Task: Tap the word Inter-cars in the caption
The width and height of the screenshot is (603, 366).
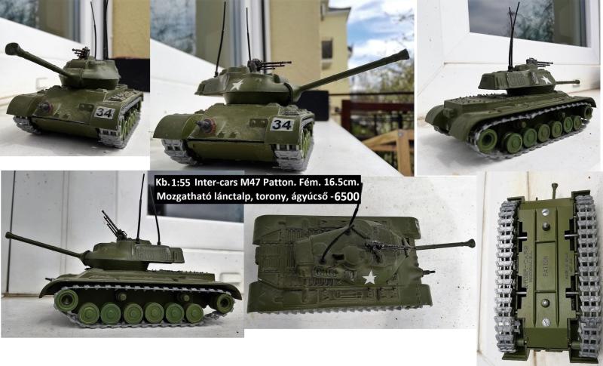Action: [x=225, y=182]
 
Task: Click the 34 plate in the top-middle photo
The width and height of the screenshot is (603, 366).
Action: [x=281, y=124]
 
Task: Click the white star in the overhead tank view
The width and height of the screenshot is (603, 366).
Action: [x=369, y=278]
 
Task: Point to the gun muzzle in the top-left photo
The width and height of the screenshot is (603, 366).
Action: [x=11, y=49]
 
